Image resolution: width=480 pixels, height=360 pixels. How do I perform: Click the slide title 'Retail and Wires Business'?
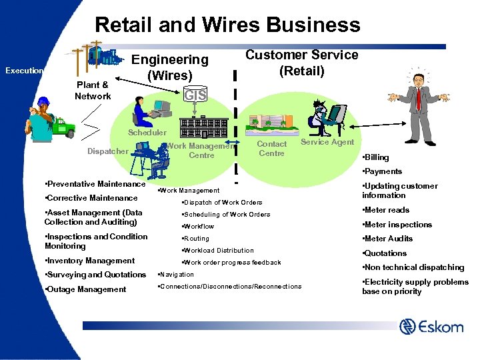[x=227, y=25]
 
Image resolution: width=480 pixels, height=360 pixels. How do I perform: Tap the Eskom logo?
[x=431, y=327]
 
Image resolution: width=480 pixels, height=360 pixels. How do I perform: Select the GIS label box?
[x=195, y=95]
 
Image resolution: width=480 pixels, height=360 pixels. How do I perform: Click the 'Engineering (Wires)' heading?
[x=170, y=67]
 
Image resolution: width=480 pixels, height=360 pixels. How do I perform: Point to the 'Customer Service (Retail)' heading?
[x=302, y=63]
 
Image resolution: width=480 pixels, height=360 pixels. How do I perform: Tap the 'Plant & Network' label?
[x=93, y=91]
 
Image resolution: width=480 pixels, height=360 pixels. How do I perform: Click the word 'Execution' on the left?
[x=24, y=71]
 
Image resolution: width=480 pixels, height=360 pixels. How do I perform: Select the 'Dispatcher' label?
[x=107, y=151]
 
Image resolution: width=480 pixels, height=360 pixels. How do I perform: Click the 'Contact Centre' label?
[x=271, y=149]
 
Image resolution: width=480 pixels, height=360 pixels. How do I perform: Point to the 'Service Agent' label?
[x=327, y=142]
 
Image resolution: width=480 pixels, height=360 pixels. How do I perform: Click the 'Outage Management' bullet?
[x=85, y=289]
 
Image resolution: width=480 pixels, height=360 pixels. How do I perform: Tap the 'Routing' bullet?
[x=196, y=239]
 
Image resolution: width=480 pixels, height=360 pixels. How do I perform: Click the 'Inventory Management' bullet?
[x=89, y=261]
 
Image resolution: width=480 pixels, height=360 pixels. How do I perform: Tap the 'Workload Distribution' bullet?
[x=218, y=251]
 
